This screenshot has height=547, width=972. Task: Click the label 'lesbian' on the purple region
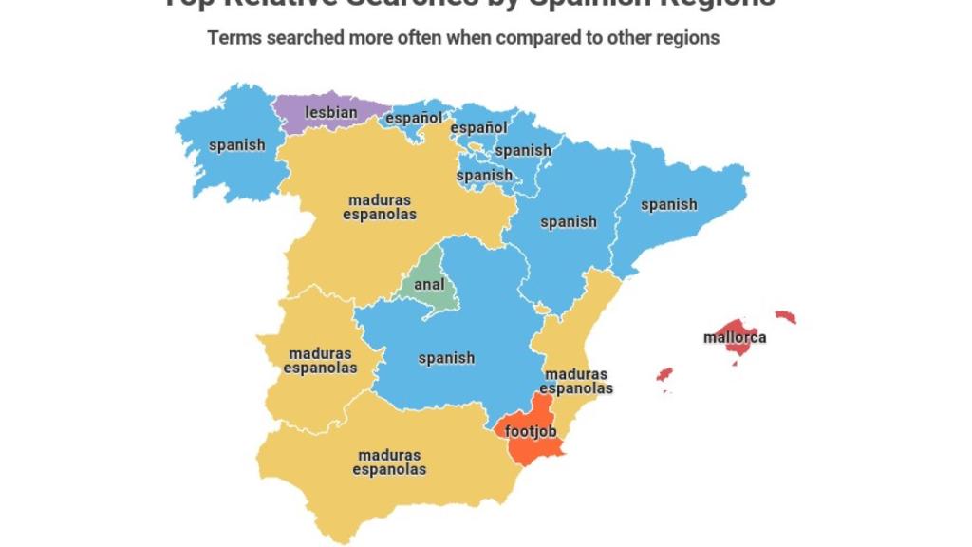pos(331,113)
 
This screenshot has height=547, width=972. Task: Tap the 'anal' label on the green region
pos(429,284)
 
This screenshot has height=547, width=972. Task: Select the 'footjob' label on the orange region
pos(531,432)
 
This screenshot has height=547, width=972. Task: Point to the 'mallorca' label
pos(735,337)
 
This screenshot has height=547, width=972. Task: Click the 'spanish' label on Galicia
pos(237,145)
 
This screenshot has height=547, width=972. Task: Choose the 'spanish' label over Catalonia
pos(668,204)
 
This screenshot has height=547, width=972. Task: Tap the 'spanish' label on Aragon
pos(568,222)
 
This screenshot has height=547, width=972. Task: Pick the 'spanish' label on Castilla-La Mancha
pos(446,358)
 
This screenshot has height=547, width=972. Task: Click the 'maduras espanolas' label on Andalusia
pos(389,462)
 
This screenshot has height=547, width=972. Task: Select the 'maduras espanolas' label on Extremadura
pos(320,361)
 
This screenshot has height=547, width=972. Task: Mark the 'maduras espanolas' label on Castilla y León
pos(380,207)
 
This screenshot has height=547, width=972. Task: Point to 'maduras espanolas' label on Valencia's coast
pos(576,381)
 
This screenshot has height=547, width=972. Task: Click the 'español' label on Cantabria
pos(414,119)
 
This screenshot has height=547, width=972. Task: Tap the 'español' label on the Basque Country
pos(478,128)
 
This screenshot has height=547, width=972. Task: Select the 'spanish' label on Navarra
pos(523,150)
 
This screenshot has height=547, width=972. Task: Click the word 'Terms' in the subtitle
pos(233,38)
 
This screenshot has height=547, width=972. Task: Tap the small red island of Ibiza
pos(664,374)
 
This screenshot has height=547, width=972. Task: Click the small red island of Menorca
pos(785,316)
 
